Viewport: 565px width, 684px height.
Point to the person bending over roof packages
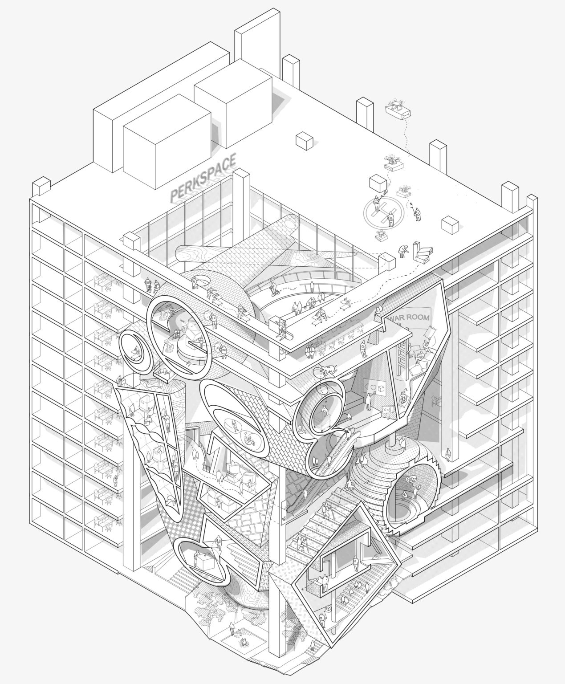pyautogui.click(x=403, y=251)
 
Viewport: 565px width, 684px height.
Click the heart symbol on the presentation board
pyautogui.click(x=373, y=388)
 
